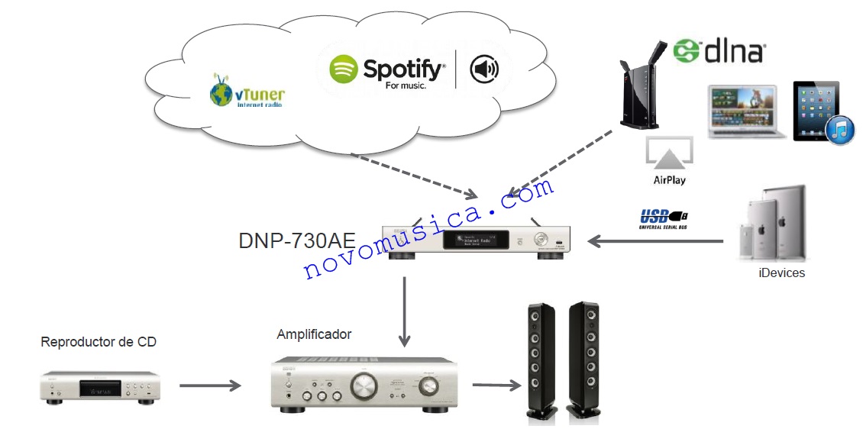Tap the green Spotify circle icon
(344, 70)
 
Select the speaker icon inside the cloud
(483, 70)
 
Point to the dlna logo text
(719, 51)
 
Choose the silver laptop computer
(746, 111)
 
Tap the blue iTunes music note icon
(839, 130)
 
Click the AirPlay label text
(669, 180)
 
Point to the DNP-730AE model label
(296, 241)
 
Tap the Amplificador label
(314, 334)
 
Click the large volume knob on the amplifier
(361, 386)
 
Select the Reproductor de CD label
(99, 342)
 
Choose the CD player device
(100, 385)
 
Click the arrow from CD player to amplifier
(210, 385)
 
